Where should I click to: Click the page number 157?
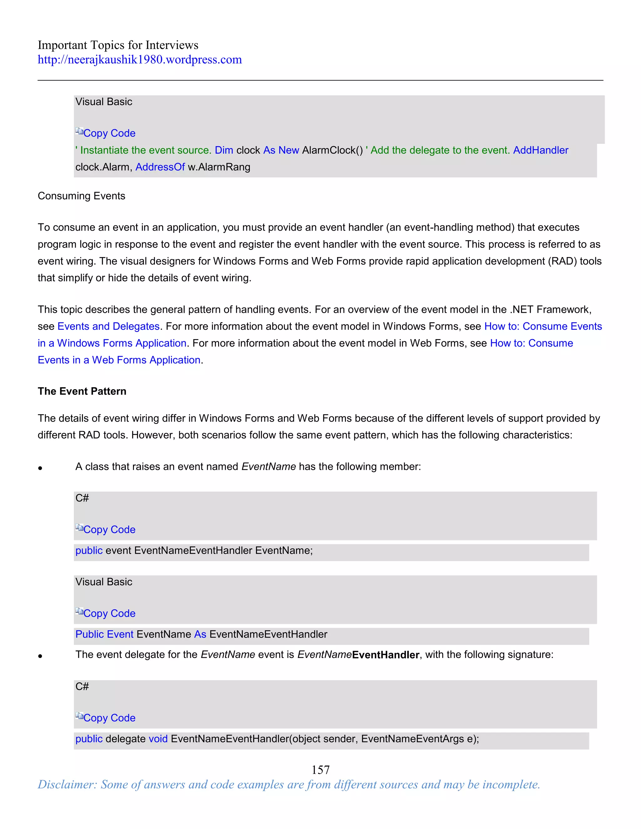320,770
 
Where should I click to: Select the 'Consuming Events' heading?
81,196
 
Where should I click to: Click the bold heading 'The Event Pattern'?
82,391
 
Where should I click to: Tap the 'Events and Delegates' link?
108,326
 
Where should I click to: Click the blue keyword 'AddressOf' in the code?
160,167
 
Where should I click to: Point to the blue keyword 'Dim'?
224,150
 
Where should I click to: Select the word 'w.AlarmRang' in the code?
219,167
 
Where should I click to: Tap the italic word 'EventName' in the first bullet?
269,466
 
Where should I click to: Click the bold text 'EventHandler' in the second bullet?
385,655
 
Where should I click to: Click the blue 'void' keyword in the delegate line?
158,739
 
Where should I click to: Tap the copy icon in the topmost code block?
79,132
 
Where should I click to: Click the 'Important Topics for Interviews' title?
118,45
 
